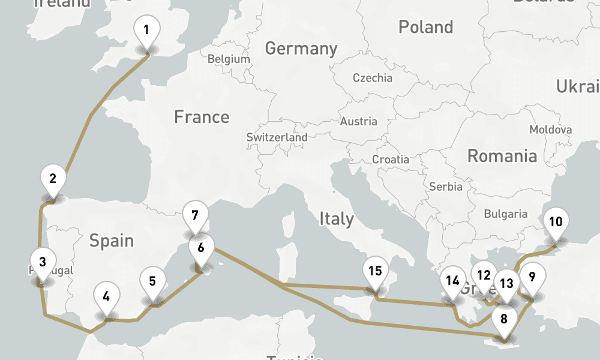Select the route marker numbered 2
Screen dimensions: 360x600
tap(53, 178)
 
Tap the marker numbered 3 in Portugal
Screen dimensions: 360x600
tap(42, 262)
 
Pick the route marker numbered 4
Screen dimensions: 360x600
tap(106, 296)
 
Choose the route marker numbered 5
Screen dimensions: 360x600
tap(152, 281)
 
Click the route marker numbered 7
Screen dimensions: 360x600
tap(194, 215)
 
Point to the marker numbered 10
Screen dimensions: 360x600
tap(556, 222)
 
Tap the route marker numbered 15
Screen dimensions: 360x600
tap(375, 271)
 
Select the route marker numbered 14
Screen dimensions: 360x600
tap(452, 281)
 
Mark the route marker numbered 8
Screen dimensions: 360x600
tap(504, 319)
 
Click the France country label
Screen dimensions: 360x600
tap(202, 116)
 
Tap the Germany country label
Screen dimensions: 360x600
tap(301, 48)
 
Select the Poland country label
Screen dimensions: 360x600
tap(426, 27)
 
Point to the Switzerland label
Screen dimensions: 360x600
tap(277, 137)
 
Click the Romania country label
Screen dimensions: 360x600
tap(502, 156)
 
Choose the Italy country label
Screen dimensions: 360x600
tap(336, 218)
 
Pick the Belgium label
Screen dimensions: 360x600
tap(229, 59)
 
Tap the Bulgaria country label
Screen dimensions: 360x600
tap(506, 214)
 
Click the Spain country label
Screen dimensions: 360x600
tap(111, 241)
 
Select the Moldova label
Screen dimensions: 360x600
tap(550, 130)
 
